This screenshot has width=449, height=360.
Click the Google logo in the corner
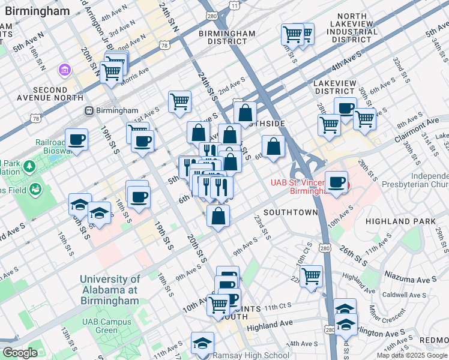20,353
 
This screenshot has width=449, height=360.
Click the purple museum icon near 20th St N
64,71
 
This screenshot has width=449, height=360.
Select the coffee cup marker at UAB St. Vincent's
337,182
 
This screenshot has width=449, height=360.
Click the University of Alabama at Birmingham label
109,290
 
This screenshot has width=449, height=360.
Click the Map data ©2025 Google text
411,355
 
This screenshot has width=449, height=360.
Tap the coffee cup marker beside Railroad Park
76,140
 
